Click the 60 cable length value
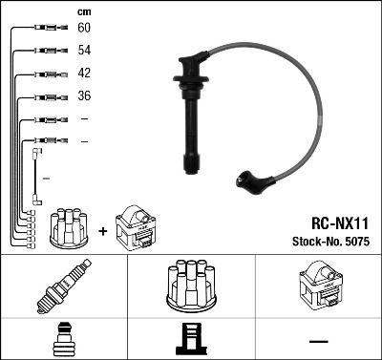pos(84,28)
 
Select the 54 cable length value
pos(84,50)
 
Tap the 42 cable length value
pos(84,74)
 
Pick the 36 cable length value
pos(84,96)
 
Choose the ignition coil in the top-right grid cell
pos(317,284)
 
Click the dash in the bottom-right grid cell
pos(317,339)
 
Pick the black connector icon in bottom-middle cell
pos(190,339)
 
